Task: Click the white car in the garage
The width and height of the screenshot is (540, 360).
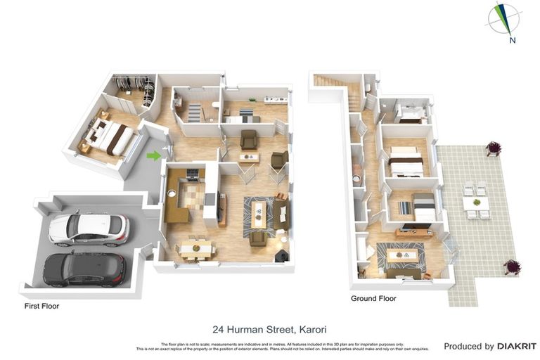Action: (x=88, y=228)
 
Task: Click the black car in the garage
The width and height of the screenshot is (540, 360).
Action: (x=84, y=269)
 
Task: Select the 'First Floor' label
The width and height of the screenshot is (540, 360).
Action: (x=41, y=307)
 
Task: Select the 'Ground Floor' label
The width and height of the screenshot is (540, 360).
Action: (x=373, y=299)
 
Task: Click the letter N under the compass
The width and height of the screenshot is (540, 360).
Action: (x=513, y=40)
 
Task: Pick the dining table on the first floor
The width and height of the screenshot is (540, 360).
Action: (x=195, y=247)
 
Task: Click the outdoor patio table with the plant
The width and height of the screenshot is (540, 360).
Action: (x=476, y=203)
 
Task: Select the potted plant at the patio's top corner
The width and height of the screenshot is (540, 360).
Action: (x=493, y=148)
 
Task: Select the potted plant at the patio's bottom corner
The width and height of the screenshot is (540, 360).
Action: (x=512, y=266)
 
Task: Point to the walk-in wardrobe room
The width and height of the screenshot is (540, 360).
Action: (x=134, y=91)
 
